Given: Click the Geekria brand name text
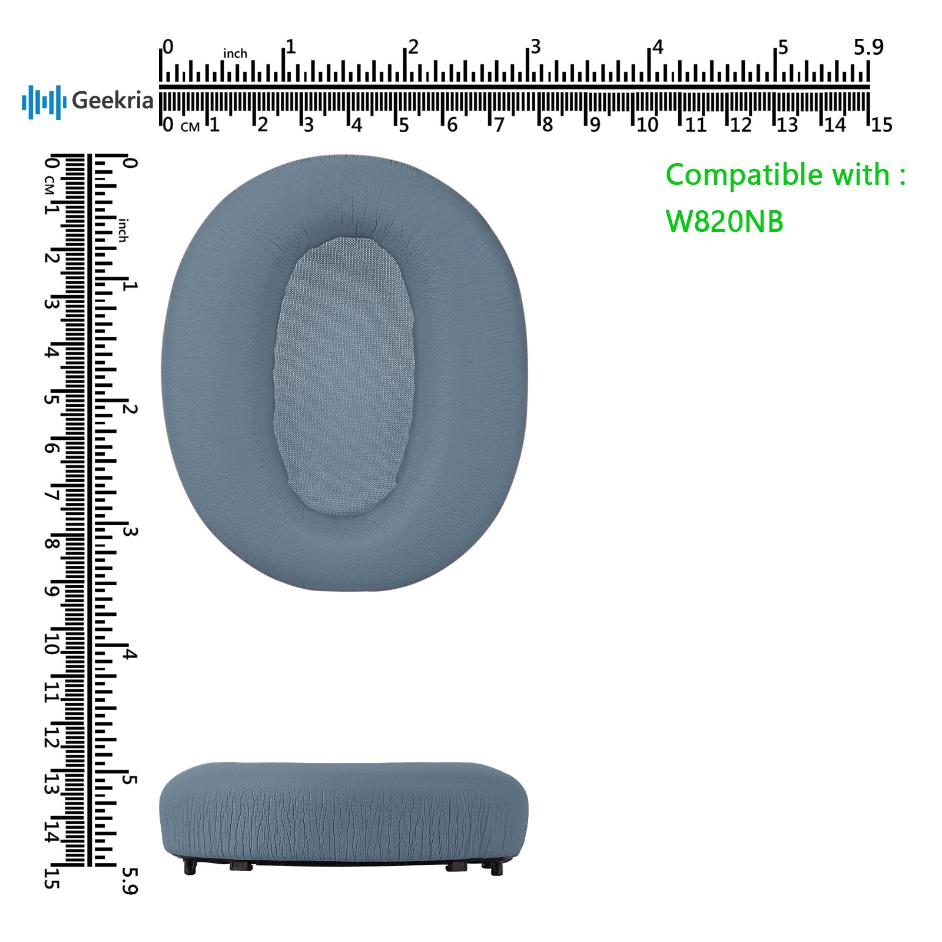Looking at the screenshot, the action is (x=112, y=101).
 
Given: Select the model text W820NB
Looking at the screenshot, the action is (x=724, y=221).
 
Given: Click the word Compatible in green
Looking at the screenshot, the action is (x=745, y=175).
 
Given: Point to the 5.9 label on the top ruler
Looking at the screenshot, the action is (x=868, y=47).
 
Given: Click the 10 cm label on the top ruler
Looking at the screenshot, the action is (x=647, y=125).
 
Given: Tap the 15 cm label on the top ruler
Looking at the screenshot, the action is (x=881, y=125).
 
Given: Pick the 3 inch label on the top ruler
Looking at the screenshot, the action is (x=535, y=47).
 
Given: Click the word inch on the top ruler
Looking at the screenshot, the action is (x=235, y=54).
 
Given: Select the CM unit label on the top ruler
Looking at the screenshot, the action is (x=190, y=127).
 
